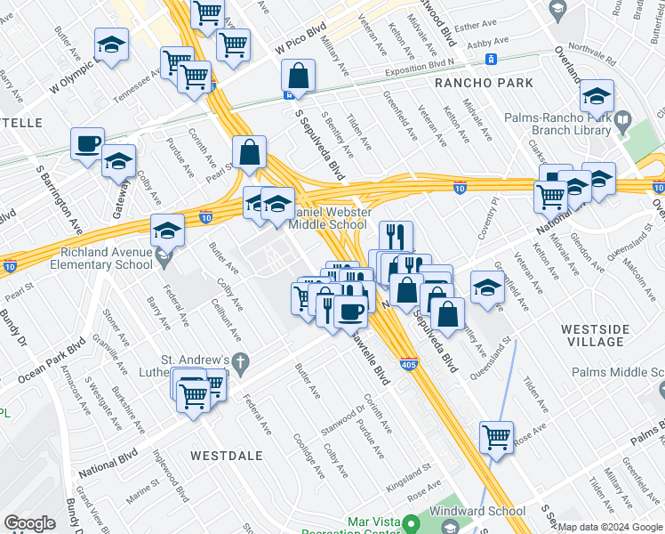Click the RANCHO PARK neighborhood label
(x=484, y=83)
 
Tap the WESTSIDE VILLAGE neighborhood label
(x=596, y=336)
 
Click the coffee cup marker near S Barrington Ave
(x=88, y=144)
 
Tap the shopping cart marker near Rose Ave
(x=496, y=437)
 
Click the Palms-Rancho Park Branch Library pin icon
(x=623, y=118)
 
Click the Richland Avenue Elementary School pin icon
(x=164, y=259)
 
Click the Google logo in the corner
(x=30, y=523)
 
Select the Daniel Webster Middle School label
(x=316, y=219)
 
